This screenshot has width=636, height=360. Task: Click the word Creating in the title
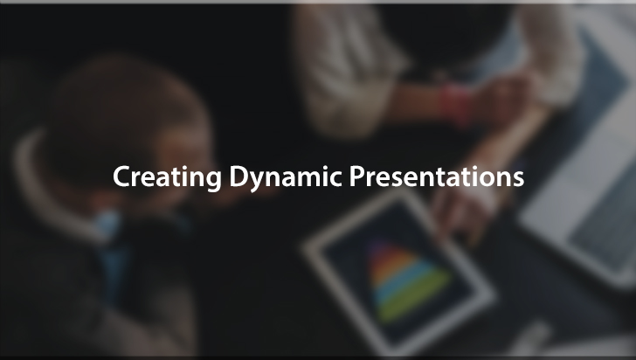pos(167,177)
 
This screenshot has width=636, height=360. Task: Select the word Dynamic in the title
pos(286,177)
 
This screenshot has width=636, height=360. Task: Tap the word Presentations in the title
pos(437,177)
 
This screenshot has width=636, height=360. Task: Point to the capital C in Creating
pos(121,177)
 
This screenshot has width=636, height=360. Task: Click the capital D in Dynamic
pos(238,177)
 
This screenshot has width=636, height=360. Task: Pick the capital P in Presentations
pos(357,177)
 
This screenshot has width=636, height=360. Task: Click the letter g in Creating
pos(212,181)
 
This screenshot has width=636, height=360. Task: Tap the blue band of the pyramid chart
pos(402,280)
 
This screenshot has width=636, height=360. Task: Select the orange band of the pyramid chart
pos(392,263)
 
